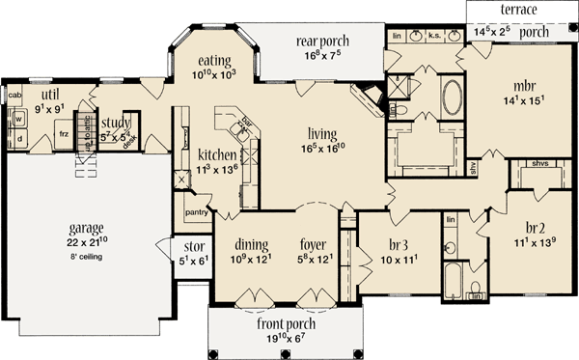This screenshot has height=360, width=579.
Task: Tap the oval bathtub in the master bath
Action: click(452, 100)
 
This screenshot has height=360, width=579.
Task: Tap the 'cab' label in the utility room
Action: click(14, 96)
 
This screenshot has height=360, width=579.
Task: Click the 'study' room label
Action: click(116, 121)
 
